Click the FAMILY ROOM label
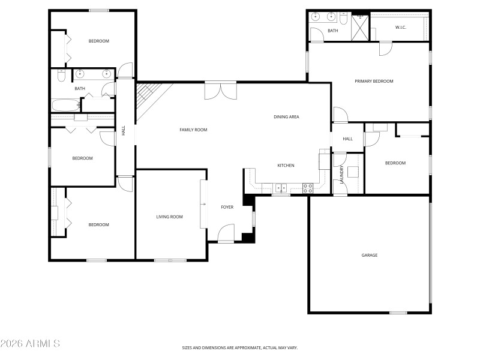(193, 130)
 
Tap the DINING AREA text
(286, 117)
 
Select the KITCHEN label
(285, 166)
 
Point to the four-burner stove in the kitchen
(308, 187)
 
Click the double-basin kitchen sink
(281, 188)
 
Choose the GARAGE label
(369, 255)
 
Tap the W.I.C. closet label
(401, 28)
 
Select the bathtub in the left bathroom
(65, 106)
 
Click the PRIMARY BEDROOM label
(374, 81)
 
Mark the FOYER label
(227, 207)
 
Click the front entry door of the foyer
(226, 234)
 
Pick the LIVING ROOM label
(169, 217)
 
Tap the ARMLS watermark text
(30, 344)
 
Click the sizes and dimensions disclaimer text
(240, 347)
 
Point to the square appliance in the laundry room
(353, 172)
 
